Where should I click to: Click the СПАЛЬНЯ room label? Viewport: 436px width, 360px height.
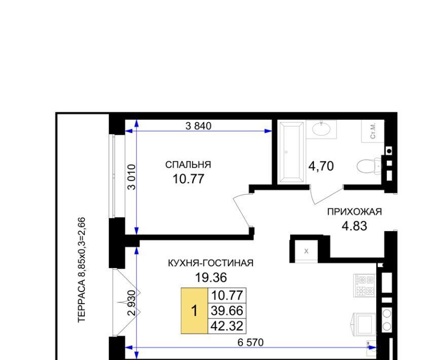pos(188,165)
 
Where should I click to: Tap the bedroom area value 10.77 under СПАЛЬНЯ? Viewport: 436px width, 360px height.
pos(188,179)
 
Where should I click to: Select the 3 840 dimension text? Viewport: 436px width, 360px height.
pos(198,126)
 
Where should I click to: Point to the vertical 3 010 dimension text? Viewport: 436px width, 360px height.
pos(131,177)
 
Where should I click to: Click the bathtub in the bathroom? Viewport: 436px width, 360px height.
pos(292,152)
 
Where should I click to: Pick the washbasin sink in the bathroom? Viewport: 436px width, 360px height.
pos(321,129)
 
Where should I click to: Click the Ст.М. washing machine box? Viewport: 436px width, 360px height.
pos(373,131)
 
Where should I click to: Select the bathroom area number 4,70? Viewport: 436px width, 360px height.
pos(321,166)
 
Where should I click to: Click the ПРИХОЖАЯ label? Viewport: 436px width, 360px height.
pos(354,212)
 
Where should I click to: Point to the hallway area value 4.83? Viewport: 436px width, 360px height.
pos(354,226)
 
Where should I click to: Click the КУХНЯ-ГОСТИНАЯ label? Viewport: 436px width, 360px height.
pos(211,263)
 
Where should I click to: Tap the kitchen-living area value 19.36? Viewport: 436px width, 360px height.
pos(211,277)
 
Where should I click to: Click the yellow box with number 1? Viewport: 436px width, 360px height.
pos(194,310)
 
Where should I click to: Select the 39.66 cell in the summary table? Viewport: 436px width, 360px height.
pos(227,310)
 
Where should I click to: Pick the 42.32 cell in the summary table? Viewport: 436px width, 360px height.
pos(227,326)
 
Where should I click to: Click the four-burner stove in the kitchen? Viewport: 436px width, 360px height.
pos(365,285)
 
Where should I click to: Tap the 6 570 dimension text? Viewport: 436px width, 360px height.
pos(250,342)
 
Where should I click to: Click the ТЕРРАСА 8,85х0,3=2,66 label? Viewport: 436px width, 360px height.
pos(82,270)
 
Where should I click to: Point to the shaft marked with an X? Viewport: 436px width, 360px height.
pos(306,251)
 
